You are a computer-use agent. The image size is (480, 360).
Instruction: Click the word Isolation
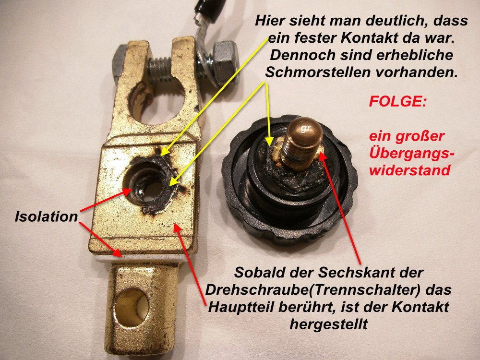tap(47, 216)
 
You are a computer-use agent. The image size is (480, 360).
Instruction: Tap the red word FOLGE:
tap(397, 101)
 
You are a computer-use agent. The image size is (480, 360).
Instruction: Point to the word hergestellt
tap(328, 324)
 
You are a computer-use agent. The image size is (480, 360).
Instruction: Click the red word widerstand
tap(409, 170)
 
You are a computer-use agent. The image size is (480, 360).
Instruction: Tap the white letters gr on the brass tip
tap(305, 128)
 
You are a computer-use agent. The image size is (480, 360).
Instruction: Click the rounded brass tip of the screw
tap(305, 130)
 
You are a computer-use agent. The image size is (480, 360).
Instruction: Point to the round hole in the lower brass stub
tap(132, 308)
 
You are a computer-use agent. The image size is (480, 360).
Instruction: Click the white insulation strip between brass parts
tap(138, 259)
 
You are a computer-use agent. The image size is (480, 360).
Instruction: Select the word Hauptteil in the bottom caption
tap(242, 307)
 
